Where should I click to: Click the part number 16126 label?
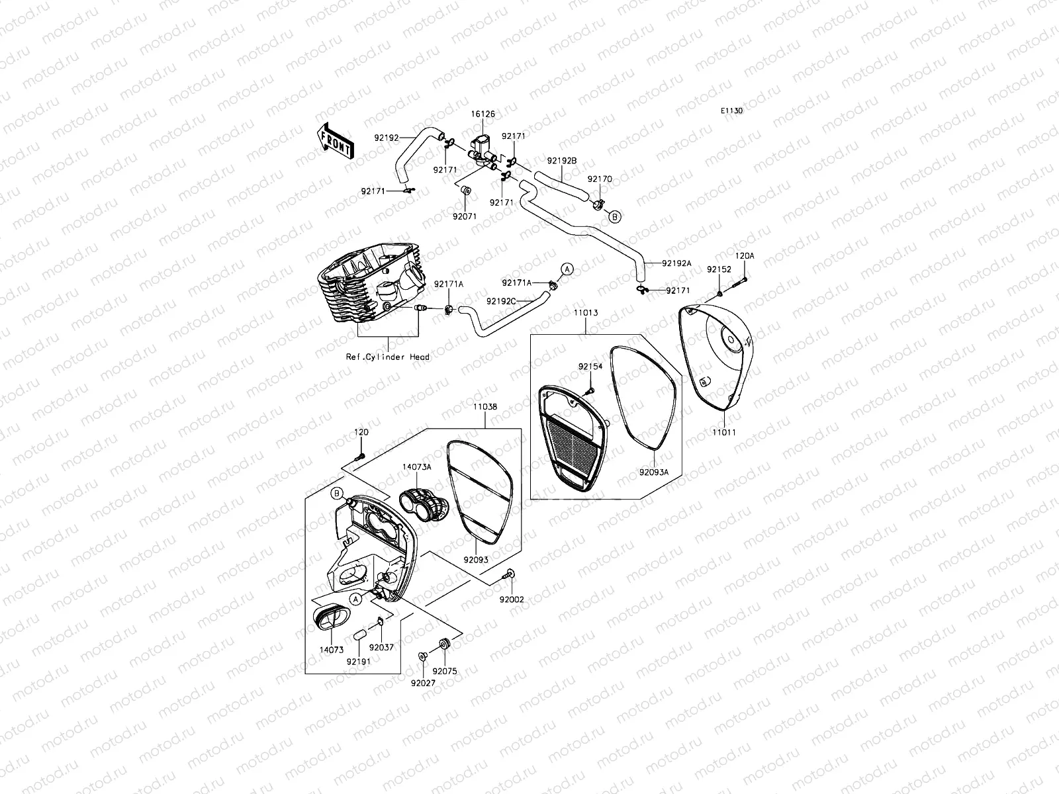coord(483,114)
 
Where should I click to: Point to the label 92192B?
coord(562,161)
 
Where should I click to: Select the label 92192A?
coord(676,263)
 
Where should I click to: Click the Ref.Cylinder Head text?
coord(388,357)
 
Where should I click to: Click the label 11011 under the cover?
coord(723,432)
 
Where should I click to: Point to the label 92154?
coord(590,366)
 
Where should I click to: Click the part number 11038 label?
coord(485,407)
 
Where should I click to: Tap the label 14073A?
coord(417,467)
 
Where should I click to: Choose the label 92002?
coord(512,599)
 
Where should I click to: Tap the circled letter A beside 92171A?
coord(567,269)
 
